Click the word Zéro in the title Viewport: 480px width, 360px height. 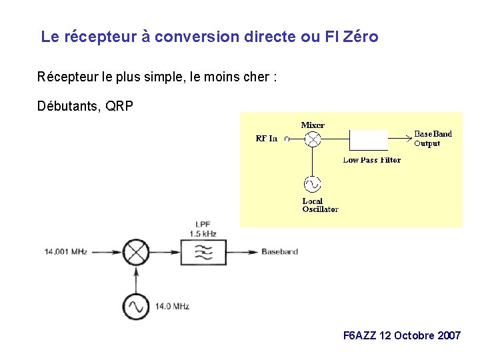coord(361,37)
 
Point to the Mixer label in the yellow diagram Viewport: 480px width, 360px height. coord(313,125)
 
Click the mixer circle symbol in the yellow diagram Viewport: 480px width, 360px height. coord(313,139)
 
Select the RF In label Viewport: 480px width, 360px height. coord(266,139)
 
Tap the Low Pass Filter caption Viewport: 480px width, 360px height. coord(372,160)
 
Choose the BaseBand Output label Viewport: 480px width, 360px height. coord(433,139)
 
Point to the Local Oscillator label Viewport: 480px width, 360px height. coord(320,205)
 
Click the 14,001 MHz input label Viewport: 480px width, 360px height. coord(66,251)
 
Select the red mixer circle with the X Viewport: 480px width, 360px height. coord(137,251)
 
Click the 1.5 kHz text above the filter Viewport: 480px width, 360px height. coord(203,233)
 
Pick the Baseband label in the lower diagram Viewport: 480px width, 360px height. coord(279,251)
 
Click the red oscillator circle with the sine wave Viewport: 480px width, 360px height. coord(136,306)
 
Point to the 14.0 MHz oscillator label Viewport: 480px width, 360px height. coord(172,307)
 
